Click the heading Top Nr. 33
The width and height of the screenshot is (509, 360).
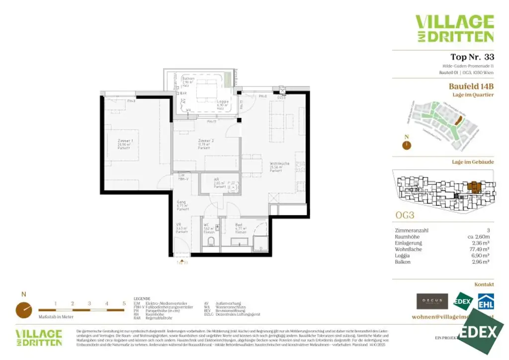pos(472,57)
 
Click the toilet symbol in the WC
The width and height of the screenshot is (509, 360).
pos(210,243)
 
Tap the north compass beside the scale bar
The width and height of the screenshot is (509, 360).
pos(23,309)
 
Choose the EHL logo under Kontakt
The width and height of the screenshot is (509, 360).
pos(486,301)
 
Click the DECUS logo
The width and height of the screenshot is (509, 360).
pos(432,301)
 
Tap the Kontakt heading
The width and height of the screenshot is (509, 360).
pos(484,284)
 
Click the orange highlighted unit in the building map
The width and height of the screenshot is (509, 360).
pos(475,187)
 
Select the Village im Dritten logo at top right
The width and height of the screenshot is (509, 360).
pos(454,29)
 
